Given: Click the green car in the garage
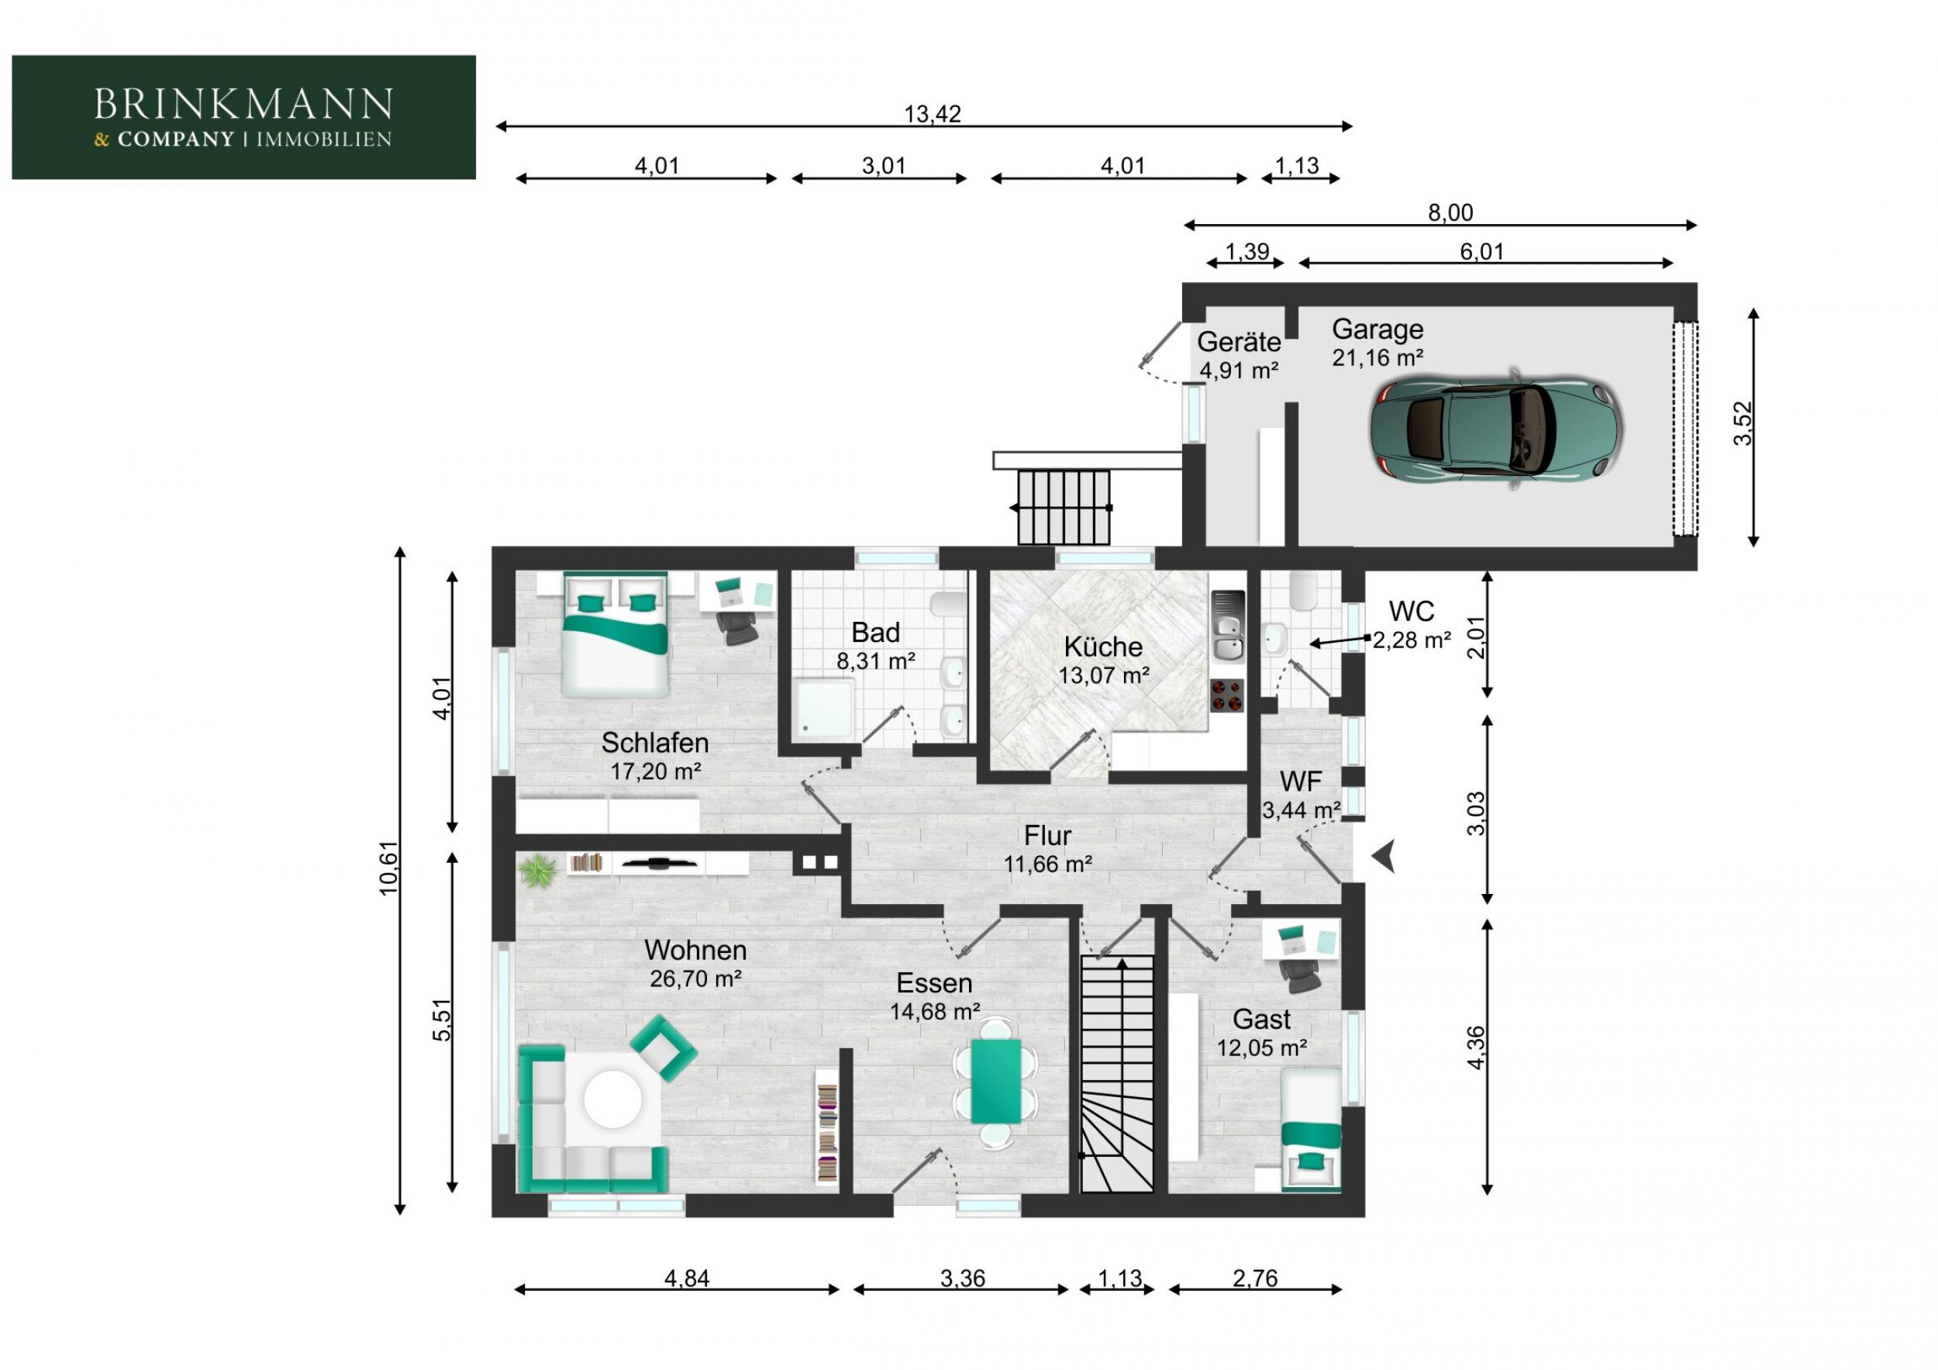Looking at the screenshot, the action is tap(1495, 430).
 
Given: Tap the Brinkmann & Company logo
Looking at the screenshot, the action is tap(244, 117).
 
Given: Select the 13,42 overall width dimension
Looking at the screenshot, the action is tap(932, 114).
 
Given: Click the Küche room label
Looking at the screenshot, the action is tap(1103, 647).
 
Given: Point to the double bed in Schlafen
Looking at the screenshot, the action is tap(616, 635).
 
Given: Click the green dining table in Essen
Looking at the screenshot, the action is tap(996, 1082).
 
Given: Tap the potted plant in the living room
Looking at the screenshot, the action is tap(537, 871).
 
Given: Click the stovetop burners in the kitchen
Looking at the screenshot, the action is tap(1227, 695).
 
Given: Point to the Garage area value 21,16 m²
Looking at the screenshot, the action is tap(1378, 358).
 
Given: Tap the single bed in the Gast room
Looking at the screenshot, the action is tap(1311, 1130).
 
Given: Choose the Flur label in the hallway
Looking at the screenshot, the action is tap(1047, 836).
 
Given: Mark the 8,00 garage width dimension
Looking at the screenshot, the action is tap(1450, 212).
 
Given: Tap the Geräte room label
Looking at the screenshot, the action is tap(1238, 342).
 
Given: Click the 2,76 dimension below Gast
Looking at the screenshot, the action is tap(1255, 1279).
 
